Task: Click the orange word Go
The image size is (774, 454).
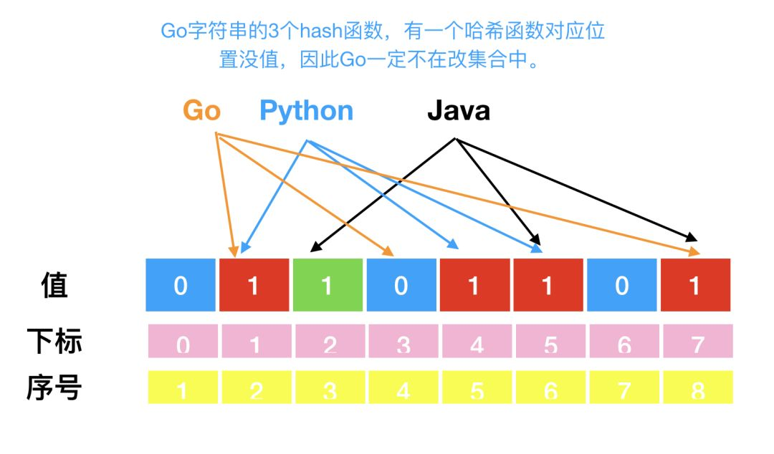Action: coord(201,111)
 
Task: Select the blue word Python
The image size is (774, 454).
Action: coord(306,111)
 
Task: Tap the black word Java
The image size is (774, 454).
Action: coord(459,111)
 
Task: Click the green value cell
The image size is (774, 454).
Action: coord(328,285)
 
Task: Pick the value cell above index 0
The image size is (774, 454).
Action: coord(181,285)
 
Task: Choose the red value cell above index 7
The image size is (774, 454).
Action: coord(695,285)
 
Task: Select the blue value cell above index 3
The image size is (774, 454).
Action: coord(401,285)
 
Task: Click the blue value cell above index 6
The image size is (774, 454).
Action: coord(621,285)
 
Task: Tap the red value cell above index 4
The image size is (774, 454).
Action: coord(474,285)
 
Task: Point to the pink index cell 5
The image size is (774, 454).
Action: coord(550,342)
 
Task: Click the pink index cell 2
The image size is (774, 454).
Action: coord(329,342)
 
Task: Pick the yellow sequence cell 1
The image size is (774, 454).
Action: coord(183,387)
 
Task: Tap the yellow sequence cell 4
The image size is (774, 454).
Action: coord(403,387)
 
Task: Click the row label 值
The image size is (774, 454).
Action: coord(54,285)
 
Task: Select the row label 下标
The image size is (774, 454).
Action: coord(54,342)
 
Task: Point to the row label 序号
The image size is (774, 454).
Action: coord(54,387)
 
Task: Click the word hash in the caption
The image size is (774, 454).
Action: coord(366,32)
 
